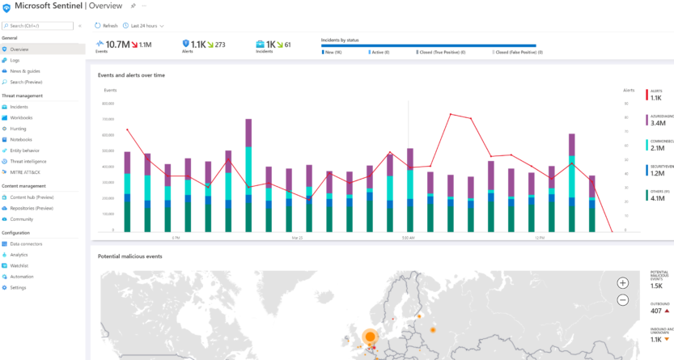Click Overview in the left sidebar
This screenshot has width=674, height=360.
[21, 49]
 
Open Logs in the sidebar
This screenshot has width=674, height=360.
[15, 60]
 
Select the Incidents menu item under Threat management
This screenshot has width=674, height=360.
[19, 107]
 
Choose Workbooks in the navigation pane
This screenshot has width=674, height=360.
[22, 118]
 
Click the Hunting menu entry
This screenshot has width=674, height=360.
[19, 129]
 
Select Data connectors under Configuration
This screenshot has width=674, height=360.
[26, 244]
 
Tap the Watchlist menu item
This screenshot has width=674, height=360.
[20, 265]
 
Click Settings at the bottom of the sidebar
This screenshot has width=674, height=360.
[18, 287]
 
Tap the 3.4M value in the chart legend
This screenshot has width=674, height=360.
[657, 123]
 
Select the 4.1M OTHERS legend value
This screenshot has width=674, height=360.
[657, 197]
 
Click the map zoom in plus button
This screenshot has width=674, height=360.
[622, 282]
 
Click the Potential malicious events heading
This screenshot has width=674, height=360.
[129, 256]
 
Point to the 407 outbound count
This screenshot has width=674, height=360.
[656, 311]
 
